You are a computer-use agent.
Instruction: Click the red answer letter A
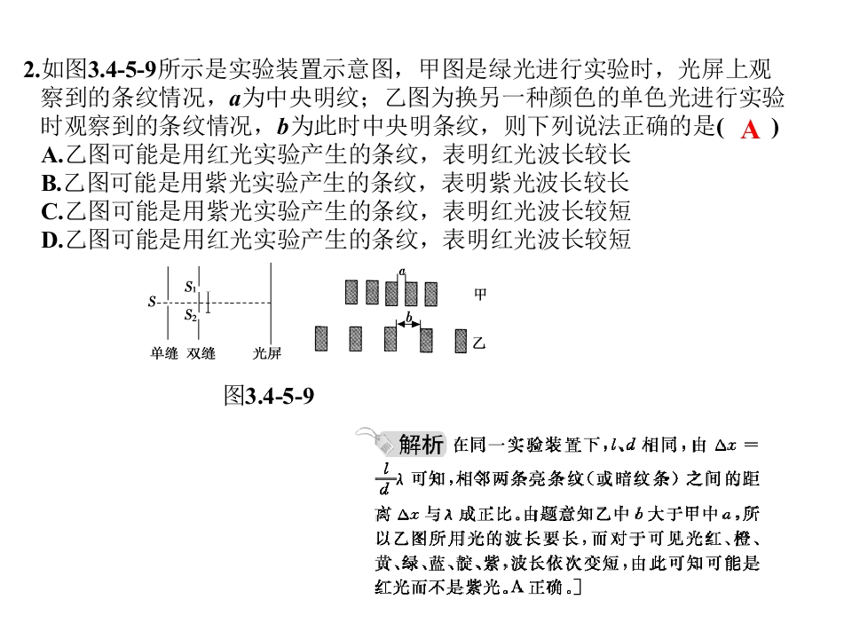pyautogui.click(x=750, y=130)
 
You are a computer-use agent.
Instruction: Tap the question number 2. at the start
pyautogui.click(x=32, y=70)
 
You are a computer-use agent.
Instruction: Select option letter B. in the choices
pyautogui.click(x=51, y=183)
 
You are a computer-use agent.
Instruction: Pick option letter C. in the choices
pyautogui.click(x=52, y=212)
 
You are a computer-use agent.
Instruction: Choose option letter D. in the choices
pyautogui.click(x=52, y=241)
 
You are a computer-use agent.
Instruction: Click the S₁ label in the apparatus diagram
pyautogui.click(x=190, y=287)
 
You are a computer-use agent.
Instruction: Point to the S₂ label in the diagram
pyautogui.click(x=190, y=314)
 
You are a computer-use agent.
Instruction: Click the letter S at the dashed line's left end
pyautogui.click(x=152, y=302)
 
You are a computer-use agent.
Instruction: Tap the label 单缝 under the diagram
pyautogui.click(x=164, y=354)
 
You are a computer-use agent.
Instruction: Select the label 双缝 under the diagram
pyautogui.click(x=201, y=354)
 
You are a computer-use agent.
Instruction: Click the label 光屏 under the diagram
pyautogui.click(x=267, y=354)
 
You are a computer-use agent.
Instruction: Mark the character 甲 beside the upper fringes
pyautogui.click(x=480, y=295)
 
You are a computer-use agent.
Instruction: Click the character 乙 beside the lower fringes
pyautogui.click(x=478, y=343)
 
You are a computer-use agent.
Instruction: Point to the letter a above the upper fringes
pyautogui.click(x=402, y=272)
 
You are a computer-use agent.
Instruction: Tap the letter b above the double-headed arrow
pyautogui.click(x=409, y=316)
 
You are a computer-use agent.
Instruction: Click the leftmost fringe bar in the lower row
pyautogui.click(x=321, y=338)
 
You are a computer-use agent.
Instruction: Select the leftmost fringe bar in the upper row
pyautogui.click(x=351, y=292)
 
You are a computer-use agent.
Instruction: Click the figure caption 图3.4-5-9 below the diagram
pyautogui.click(x=269, y=396)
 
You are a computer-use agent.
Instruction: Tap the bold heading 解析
pyautogui.click(x=421, y=445)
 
